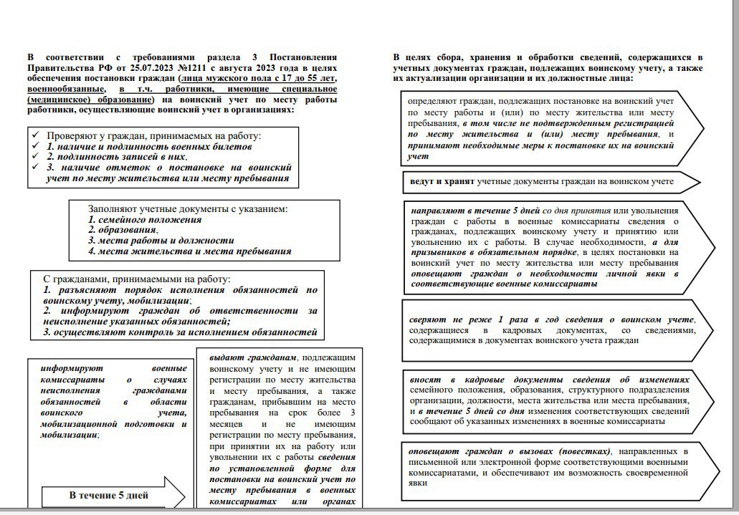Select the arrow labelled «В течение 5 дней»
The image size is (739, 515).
point(108,495)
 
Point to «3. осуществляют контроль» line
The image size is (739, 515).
point(180,333)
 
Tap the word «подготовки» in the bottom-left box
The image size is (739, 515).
point(146,423)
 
